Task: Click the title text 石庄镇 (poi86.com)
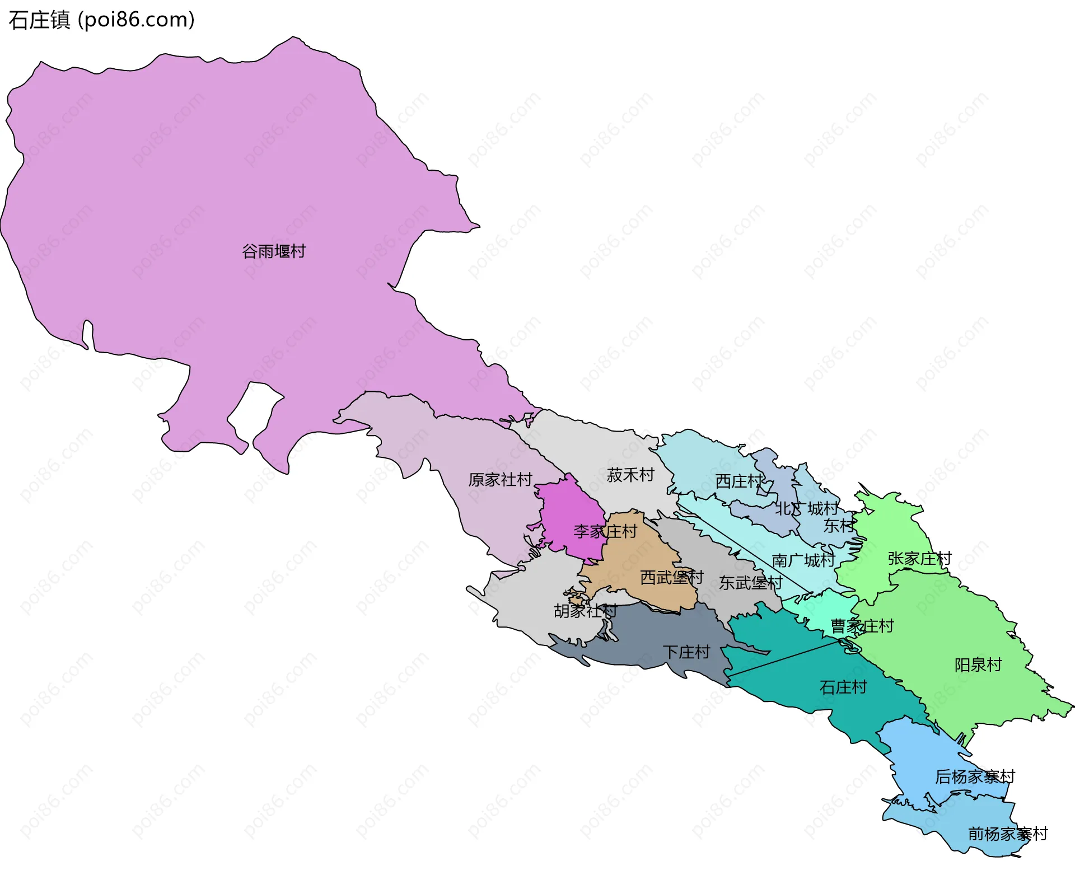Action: tap(101, 20)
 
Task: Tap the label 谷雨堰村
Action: tap(274, 251)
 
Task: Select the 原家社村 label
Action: tap(500, 480)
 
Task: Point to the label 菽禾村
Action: tap(630, 475)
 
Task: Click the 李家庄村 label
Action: tap(605, 531)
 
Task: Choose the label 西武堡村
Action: tap(671, 577)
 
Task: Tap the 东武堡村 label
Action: tap(750, 583)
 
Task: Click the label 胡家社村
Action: tap(585, 611)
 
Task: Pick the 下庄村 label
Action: tap(686, 652)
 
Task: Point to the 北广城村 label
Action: tap(807, 509)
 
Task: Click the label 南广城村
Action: tap(803, 560)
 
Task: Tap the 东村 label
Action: tap(839, 526)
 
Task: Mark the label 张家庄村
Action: tap(919, 559)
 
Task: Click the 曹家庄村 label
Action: tap(862, 626)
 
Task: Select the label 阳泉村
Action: tap(978, 665)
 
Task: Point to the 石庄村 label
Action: tap(843, 687)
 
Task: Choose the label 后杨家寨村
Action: tap(975, 777)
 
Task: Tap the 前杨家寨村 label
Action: tap(1008, 834)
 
